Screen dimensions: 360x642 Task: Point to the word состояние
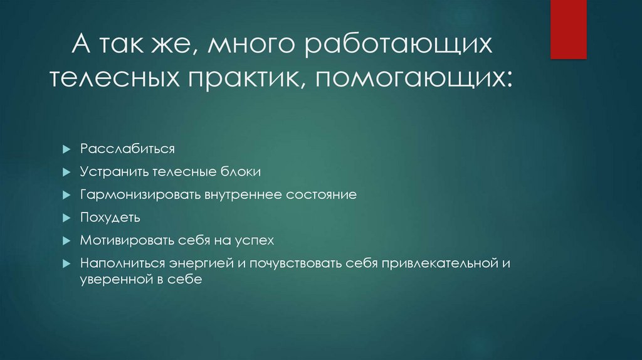(322, 194)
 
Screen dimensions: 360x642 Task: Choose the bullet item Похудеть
(110, 217)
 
